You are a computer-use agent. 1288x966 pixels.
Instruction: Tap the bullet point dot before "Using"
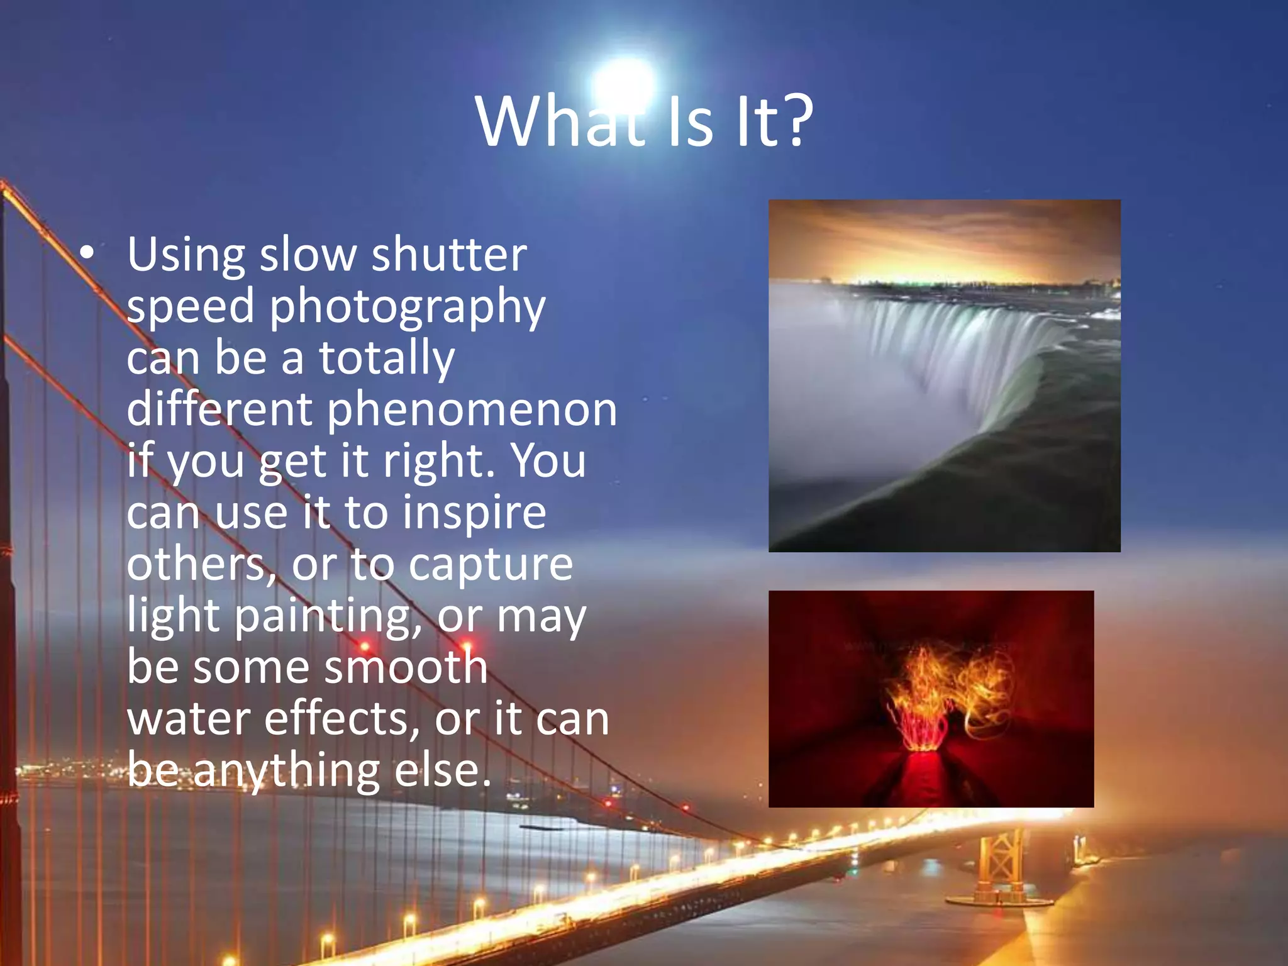coord(87,253)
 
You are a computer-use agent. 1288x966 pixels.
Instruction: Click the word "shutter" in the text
coord(449,255)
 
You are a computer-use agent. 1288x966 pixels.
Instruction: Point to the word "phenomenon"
coord(472,409)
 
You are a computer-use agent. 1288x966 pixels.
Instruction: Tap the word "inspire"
coord(474,513)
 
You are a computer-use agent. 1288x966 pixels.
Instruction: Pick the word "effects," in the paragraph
coord(342,718)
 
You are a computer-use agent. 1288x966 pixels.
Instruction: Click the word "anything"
coord(286,771)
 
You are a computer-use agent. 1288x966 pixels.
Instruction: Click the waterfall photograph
coord(944,375)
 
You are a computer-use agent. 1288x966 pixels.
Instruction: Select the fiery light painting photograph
coord(931,698)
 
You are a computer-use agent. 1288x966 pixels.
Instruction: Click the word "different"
coord(219,409)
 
